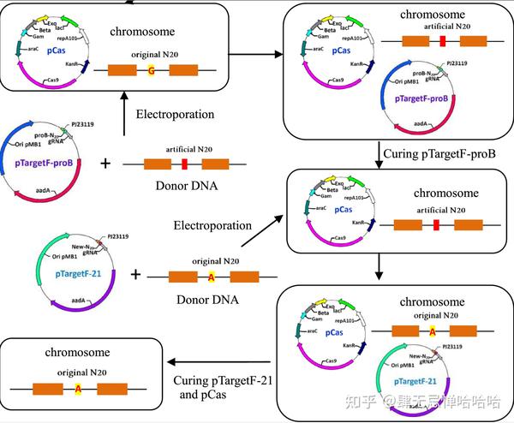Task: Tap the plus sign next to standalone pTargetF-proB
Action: coord(105,162)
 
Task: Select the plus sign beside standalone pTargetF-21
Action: coord(135,276)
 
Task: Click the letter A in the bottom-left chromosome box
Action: coord(78,389)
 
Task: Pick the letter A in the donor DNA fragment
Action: coord(212,276)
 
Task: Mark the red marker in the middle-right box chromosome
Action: coord(436,225)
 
